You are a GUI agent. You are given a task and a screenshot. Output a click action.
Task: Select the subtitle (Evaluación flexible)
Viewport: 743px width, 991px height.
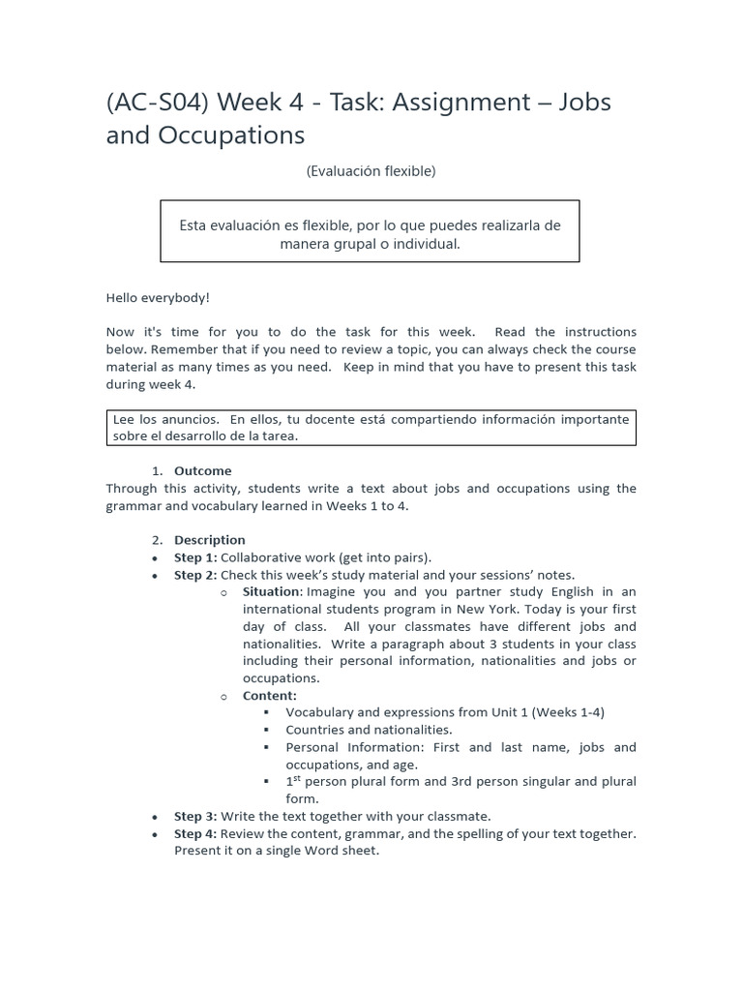click(x=371, y=171)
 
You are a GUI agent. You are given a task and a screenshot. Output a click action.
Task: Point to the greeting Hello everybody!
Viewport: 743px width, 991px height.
click(x=158, y=298)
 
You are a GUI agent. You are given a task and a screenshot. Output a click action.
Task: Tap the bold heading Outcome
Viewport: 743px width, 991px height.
click(x=202, y=471)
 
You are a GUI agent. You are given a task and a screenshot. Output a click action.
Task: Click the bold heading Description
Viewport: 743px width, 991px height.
click(x=209, y=540)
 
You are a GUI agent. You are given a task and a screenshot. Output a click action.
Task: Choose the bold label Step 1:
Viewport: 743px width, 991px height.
click(x=194, y=557)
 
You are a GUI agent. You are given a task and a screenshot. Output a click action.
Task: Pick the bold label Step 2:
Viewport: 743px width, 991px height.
click(x=194, y=575)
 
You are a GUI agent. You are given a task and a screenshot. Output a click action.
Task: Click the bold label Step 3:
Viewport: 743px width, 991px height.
click(x=194, y=816)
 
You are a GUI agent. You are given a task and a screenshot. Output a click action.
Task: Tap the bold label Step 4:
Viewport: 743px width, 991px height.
click(x=194, y=833)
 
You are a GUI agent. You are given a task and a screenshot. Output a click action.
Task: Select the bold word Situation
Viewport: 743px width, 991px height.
click(x=271, y=591)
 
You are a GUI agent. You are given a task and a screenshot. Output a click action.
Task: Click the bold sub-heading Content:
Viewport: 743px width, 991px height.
click(x=269, y=695)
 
